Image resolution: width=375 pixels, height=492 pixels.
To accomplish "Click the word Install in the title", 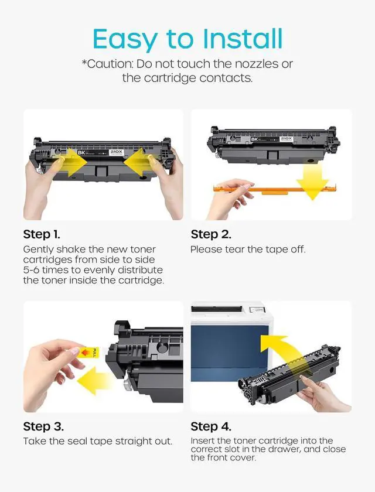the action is [243, 39].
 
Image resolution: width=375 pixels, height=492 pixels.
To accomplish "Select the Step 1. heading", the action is [42, 234].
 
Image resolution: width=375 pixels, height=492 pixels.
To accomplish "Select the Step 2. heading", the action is [211, 234].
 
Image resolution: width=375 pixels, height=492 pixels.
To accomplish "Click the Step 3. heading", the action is [43, 426].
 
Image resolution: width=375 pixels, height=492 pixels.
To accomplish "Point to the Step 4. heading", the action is [211, 426].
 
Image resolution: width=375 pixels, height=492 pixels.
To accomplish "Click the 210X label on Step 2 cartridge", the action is [286, 139].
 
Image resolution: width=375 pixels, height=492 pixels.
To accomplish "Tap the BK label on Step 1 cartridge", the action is [81, 152].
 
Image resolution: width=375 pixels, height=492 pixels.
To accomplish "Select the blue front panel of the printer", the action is [229, 353].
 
